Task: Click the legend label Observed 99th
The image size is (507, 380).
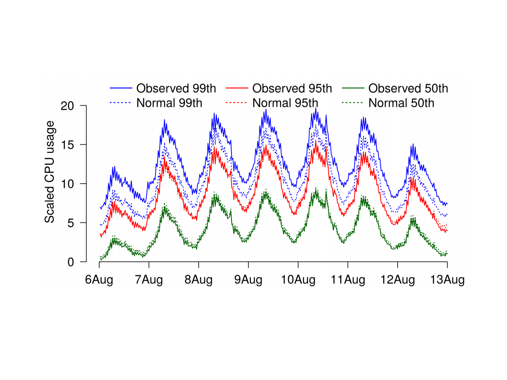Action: [176, 89]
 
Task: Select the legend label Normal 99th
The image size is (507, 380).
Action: [169, 103]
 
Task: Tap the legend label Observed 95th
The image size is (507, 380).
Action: [292, 89]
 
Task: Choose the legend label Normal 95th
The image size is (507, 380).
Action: [285, 103]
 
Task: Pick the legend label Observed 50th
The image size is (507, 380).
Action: [408, 89]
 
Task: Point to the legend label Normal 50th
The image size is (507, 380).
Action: [401, 103]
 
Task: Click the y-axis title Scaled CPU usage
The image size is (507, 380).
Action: [50, 171]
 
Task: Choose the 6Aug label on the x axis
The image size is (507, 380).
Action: [99, 280]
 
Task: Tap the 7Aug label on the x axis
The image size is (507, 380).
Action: [149, 280]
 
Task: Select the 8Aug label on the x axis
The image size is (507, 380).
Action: [199, 280]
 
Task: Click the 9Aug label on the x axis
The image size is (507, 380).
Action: [248, 280]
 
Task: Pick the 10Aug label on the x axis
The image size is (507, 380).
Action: [298, 280]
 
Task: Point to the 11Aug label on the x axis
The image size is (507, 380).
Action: [348, 280]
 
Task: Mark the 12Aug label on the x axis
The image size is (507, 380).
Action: [398, 280]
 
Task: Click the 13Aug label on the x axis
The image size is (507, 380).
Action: [447, 280]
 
